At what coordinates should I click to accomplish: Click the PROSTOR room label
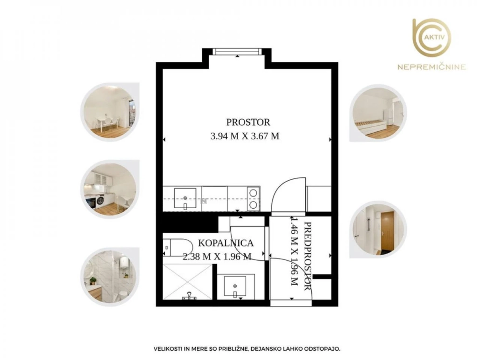[248, 122]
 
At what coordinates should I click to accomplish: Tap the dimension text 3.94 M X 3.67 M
[245, 136]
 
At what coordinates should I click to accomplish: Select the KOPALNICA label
[226, 243]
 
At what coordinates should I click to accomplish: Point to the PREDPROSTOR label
[308, 256]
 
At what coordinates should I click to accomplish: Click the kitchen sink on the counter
[185, 198]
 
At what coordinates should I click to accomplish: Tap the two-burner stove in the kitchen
[253, 199]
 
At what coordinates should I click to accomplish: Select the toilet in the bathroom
[178, 247]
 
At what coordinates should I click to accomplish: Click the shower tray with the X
[187, 282]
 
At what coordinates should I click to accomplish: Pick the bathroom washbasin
[235, 287]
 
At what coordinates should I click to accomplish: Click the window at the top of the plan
[237, 51]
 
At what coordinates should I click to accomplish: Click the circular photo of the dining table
[110, 112]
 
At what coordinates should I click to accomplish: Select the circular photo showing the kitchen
[110, 190]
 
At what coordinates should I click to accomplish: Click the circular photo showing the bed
[378, 113]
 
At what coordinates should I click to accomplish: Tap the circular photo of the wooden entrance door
[378, 230]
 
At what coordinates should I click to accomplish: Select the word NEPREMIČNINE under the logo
[432, 67]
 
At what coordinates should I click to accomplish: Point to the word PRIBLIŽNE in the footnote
[234, 349]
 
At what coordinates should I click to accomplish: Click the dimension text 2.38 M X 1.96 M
[217, 256]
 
